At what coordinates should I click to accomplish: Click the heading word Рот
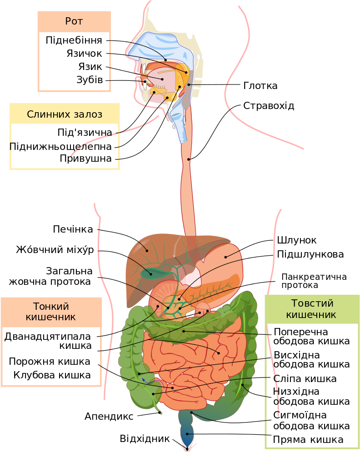(x=74, y=21)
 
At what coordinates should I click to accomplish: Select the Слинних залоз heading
(x=65, y=114)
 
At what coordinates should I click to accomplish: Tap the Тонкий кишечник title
(x=51, y=311)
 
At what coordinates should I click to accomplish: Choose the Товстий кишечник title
(x=312, y=308)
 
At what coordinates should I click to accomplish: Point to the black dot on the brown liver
(x=146, y=250)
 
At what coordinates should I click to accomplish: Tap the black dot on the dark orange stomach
(x=225, y=257)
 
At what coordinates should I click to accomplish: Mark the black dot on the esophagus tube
(x=189, y=159)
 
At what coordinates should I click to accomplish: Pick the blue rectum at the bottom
(x=187, y=436)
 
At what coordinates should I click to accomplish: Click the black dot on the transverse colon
(x=184, y=331)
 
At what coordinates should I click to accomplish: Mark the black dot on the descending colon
(x=243, y=385)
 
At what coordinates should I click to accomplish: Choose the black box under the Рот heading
(x=74, y=61)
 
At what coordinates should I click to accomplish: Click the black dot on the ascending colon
(x=140, y=373)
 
